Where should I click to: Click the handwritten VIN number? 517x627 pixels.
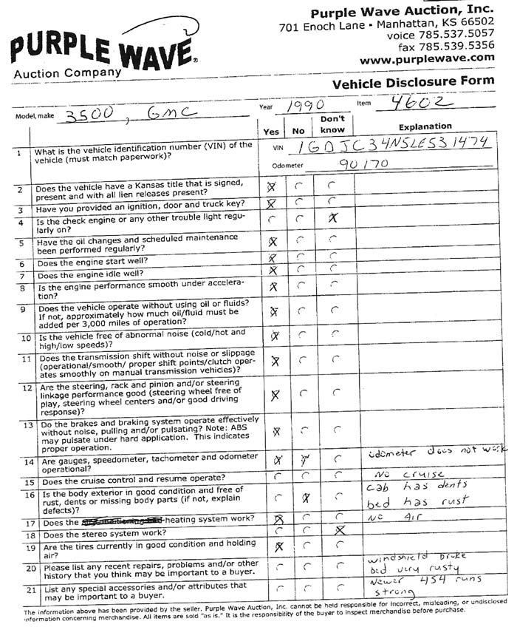(401, 144)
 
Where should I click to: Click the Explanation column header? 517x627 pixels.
(425, 126)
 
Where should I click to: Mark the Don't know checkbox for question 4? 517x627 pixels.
(333, 218)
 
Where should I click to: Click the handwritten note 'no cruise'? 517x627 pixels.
(400, 472)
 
